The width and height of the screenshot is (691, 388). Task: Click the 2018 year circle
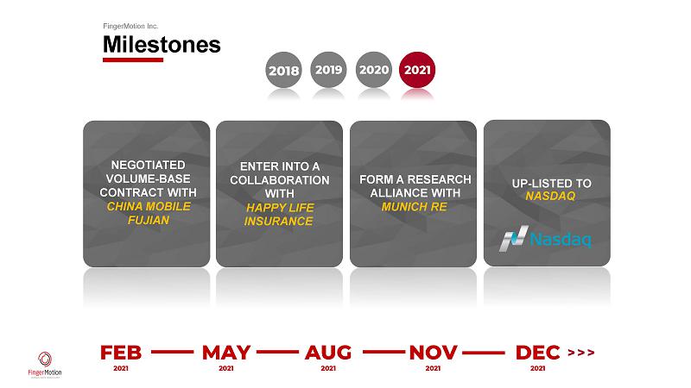click(283, 70)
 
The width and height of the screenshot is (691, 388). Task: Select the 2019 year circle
click(328, 70)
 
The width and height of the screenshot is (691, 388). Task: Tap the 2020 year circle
click(374, 70)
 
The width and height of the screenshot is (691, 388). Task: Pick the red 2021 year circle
click(417, 70)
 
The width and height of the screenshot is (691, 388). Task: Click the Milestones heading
click(162, 45)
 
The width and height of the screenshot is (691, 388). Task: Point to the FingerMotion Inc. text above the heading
click(130, 26)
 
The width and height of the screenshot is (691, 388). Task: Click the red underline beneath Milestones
click(133, 59)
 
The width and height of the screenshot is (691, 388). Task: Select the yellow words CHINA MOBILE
click(149, 206)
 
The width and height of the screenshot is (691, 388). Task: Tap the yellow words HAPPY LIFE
click(280, 208)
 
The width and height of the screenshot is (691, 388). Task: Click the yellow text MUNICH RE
click(415, 207)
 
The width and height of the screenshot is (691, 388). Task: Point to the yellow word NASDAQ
click(550, 197)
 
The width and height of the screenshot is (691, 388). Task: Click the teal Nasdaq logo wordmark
click(560, 240)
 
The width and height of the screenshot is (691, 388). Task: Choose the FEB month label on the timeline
click(121, 353)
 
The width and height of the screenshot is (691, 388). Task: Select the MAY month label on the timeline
click(226, 353)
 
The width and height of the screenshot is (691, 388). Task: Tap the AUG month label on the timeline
click(328, 353)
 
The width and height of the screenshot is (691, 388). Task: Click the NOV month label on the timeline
click(433, 353)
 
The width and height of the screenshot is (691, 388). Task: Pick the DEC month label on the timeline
click(537, 353)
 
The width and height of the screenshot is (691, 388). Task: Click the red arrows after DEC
click(581, 353)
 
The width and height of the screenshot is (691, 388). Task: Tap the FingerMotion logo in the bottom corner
click(45, 365)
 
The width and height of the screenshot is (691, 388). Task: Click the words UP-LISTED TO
click(551, 184)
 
